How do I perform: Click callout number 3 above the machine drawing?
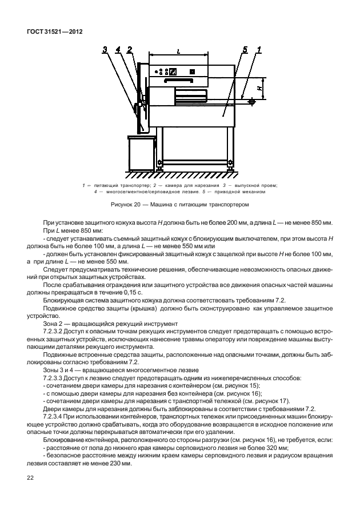105,50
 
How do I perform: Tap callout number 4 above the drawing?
118,50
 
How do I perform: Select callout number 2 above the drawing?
130,50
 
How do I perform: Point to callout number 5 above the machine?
245,50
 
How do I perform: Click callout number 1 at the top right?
259,50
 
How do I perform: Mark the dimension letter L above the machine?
179,51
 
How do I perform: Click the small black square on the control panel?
193,71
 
